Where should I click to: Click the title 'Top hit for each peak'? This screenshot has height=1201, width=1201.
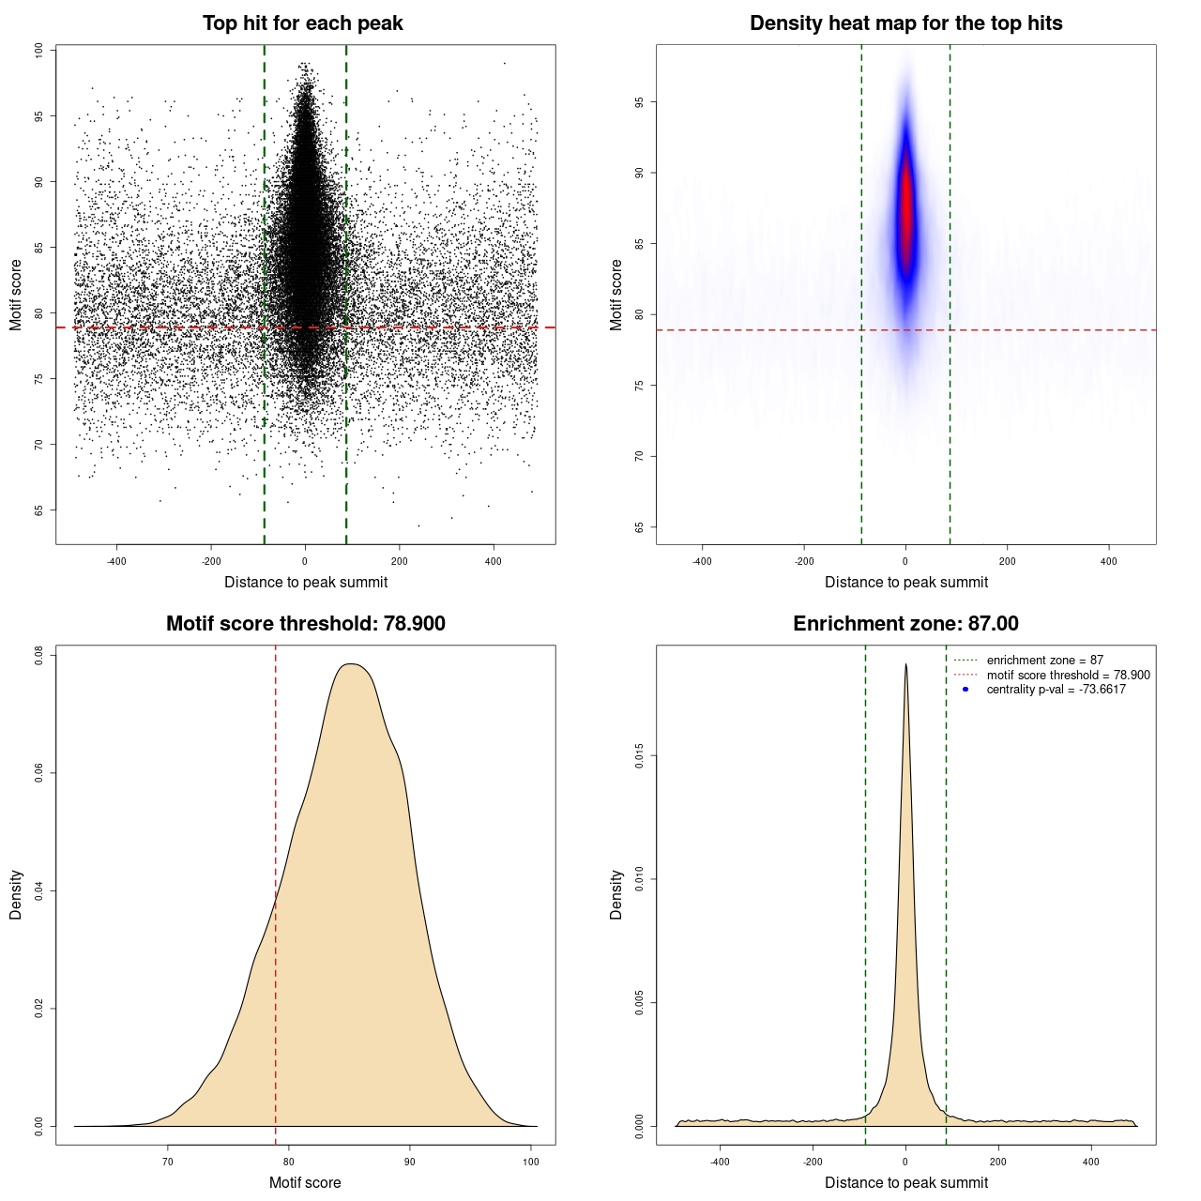tap(302, 23)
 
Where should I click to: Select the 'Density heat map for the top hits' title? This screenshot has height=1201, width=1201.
tap(905, 23)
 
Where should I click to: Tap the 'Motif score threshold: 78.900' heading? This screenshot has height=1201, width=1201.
tap(305, 624)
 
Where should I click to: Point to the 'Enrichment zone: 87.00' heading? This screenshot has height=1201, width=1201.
tap(905, 624)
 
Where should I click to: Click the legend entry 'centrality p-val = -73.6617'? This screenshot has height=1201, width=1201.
tap(1056, 690)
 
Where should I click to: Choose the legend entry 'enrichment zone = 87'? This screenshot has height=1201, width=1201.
tap(1044, 661)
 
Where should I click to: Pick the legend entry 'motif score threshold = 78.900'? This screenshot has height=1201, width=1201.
tap(1068, 676)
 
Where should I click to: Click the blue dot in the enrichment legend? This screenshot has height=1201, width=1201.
tap(965, 690)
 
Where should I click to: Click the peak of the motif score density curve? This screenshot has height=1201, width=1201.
tap(351, 664)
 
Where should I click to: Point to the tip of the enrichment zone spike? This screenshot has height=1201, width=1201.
tap(905, 664)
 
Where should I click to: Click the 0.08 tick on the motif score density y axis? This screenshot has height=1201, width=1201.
tap(39, 655)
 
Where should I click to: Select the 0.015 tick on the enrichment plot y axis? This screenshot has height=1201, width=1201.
tap(640, 756)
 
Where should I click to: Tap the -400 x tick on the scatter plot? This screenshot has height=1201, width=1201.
tap(116, 561)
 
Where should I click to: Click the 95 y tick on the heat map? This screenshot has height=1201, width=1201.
tap(640, 102)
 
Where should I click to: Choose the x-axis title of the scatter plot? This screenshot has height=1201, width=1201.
tap(306, 582)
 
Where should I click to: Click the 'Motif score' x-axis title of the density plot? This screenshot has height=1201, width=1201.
tap(305, 1182)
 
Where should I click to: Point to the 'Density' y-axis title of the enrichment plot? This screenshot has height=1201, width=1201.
tap(616, 894)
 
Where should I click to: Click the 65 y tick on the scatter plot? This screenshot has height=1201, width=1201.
tap(39, 510)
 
